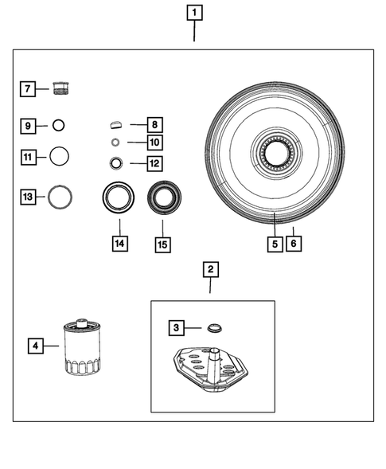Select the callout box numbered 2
(210, 271)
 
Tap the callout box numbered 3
(176, 326)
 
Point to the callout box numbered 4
(35, 346)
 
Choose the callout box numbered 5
(274, 244)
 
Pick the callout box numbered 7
(27, 88)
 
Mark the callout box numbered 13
(27, 196)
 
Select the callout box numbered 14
(119, 244)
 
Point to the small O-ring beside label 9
(59, 125)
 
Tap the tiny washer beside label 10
(115, 143)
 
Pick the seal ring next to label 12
(116, 163)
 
